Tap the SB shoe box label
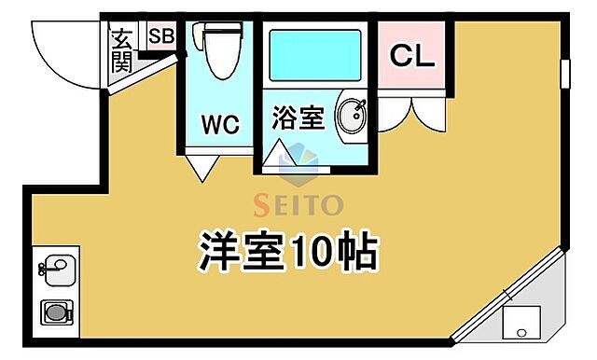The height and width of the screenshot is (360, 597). click(x=160, y=37)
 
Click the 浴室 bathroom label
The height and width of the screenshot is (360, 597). click(x=298, y=118)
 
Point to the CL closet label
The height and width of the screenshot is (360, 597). click(x=411, y=56)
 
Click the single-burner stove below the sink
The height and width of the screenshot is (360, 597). click(x=57, y=312)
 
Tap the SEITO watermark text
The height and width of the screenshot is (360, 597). click(x=298, y=204)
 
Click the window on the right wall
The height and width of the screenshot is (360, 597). click(x=565, y=75)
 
